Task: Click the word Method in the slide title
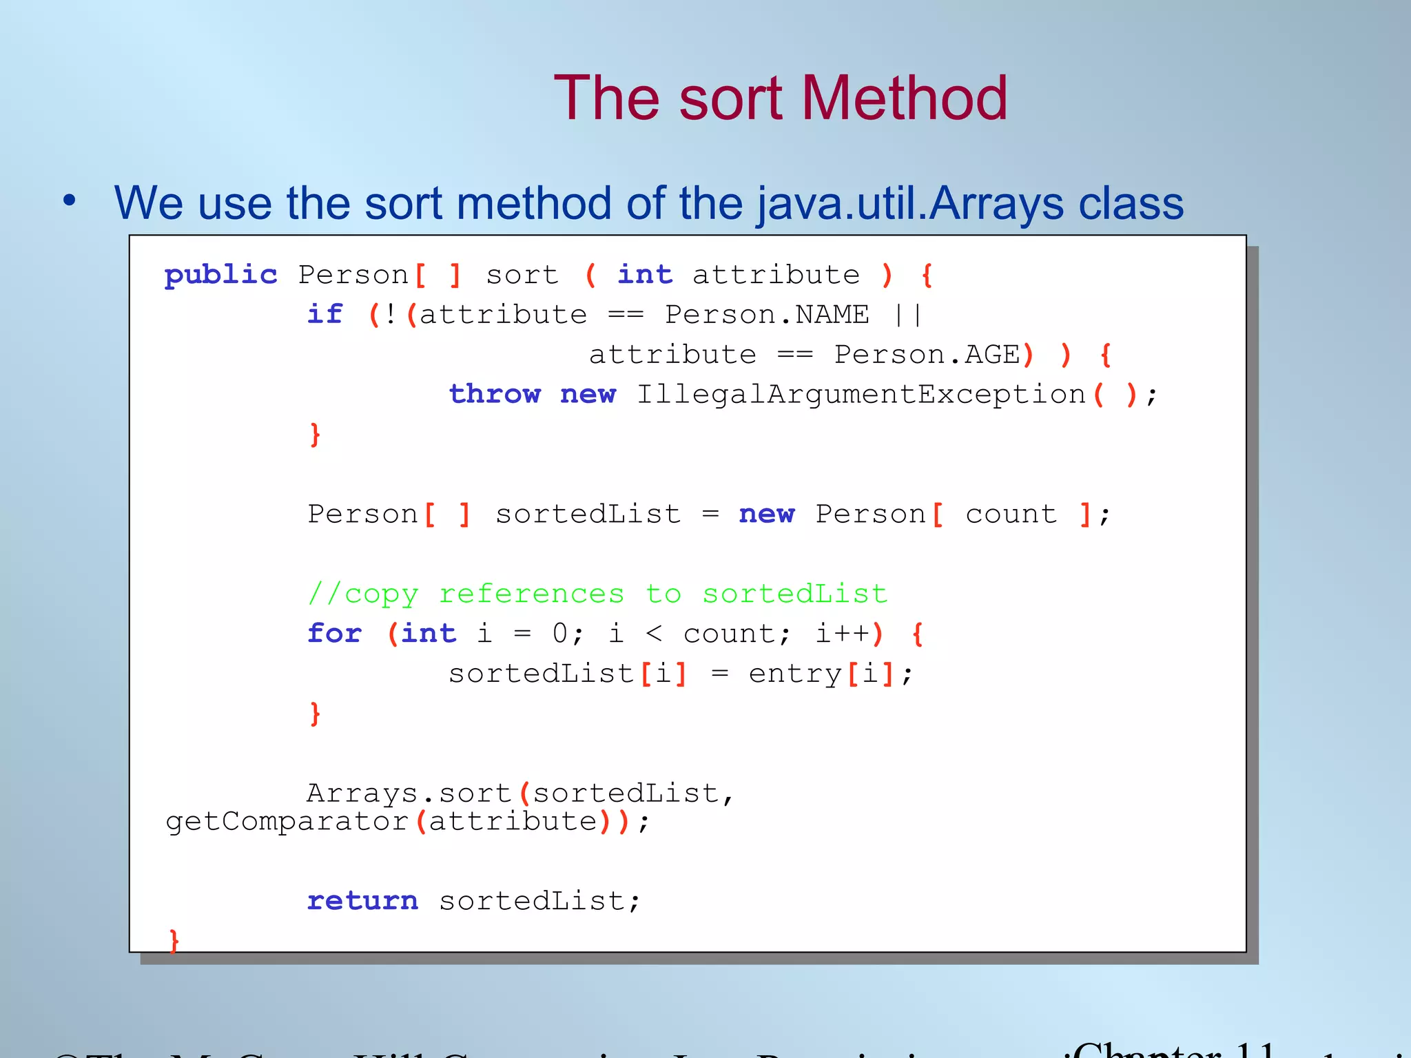903,98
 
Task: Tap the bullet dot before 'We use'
70,201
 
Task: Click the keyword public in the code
220,275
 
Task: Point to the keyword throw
495,394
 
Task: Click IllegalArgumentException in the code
860,394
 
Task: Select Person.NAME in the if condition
766,315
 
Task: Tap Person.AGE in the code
927,355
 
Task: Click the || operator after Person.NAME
908,315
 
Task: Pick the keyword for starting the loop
334,633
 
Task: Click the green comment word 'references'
531,594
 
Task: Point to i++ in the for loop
843,633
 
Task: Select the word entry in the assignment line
795,674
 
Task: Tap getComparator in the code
287,822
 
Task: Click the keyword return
362,901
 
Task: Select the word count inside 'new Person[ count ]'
1011,515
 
